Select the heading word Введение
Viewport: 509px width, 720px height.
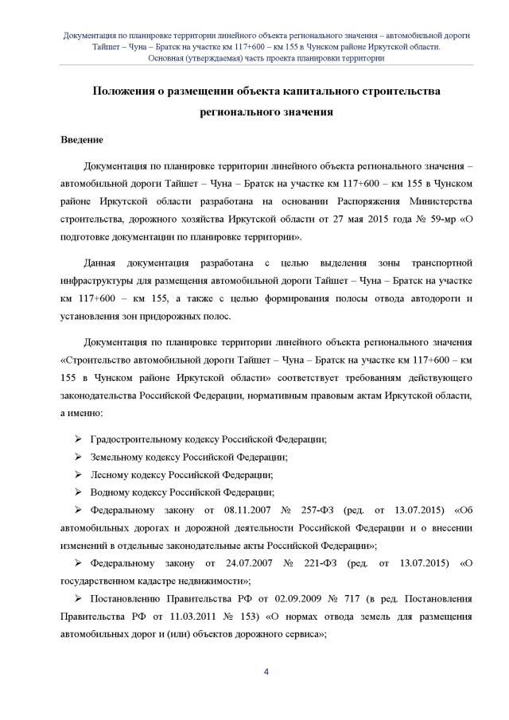click(82, 141)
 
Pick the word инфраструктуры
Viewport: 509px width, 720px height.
click(106, 280)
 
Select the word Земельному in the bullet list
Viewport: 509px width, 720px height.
click(118, 457)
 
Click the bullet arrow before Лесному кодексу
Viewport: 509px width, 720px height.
click(78, 475)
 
